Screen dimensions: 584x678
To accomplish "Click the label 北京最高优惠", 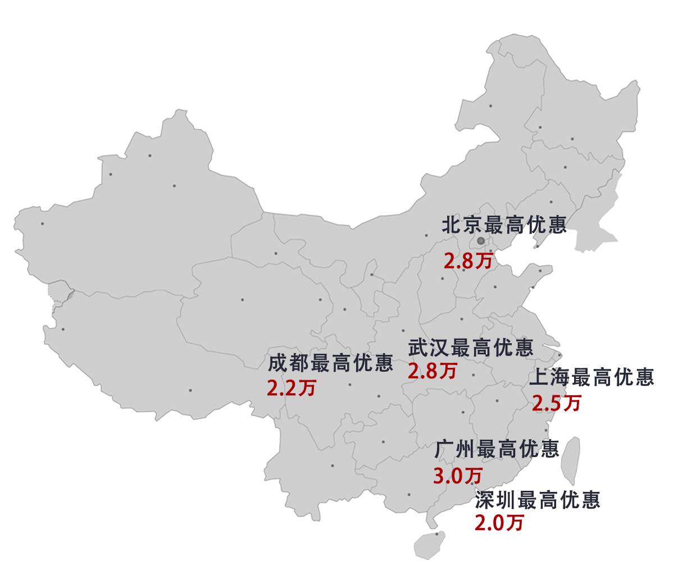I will pos(504,225).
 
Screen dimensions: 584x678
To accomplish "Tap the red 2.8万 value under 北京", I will pos(468,261).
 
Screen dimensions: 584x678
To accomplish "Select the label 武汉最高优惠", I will pos(470,348).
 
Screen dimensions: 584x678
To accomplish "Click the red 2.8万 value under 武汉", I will pos(432,371).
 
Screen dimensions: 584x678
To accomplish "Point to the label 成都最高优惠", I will pos(330,363).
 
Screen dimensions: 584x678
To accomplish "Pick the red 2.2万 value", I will pos(292,389).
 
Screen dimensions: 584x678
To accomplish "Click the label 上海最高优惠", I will pos(591,377).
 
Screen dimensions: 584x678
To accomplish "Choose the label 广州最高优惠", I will pos(497,449).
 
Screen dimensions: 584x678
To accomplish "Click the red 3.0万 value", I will pos(458,476).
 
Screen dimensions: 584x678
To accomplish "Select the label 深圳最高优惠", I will pos(538,499).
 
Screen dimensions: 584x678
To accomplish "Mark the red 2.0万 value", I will pos(499,523).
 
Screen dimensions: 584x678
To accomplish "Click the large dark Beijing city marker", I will pos(480,241).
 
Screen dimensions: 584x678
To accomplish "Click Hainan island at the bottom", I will pos(430,544).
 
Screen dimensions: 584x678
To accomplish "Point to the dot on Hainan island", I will pos(437,534).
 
